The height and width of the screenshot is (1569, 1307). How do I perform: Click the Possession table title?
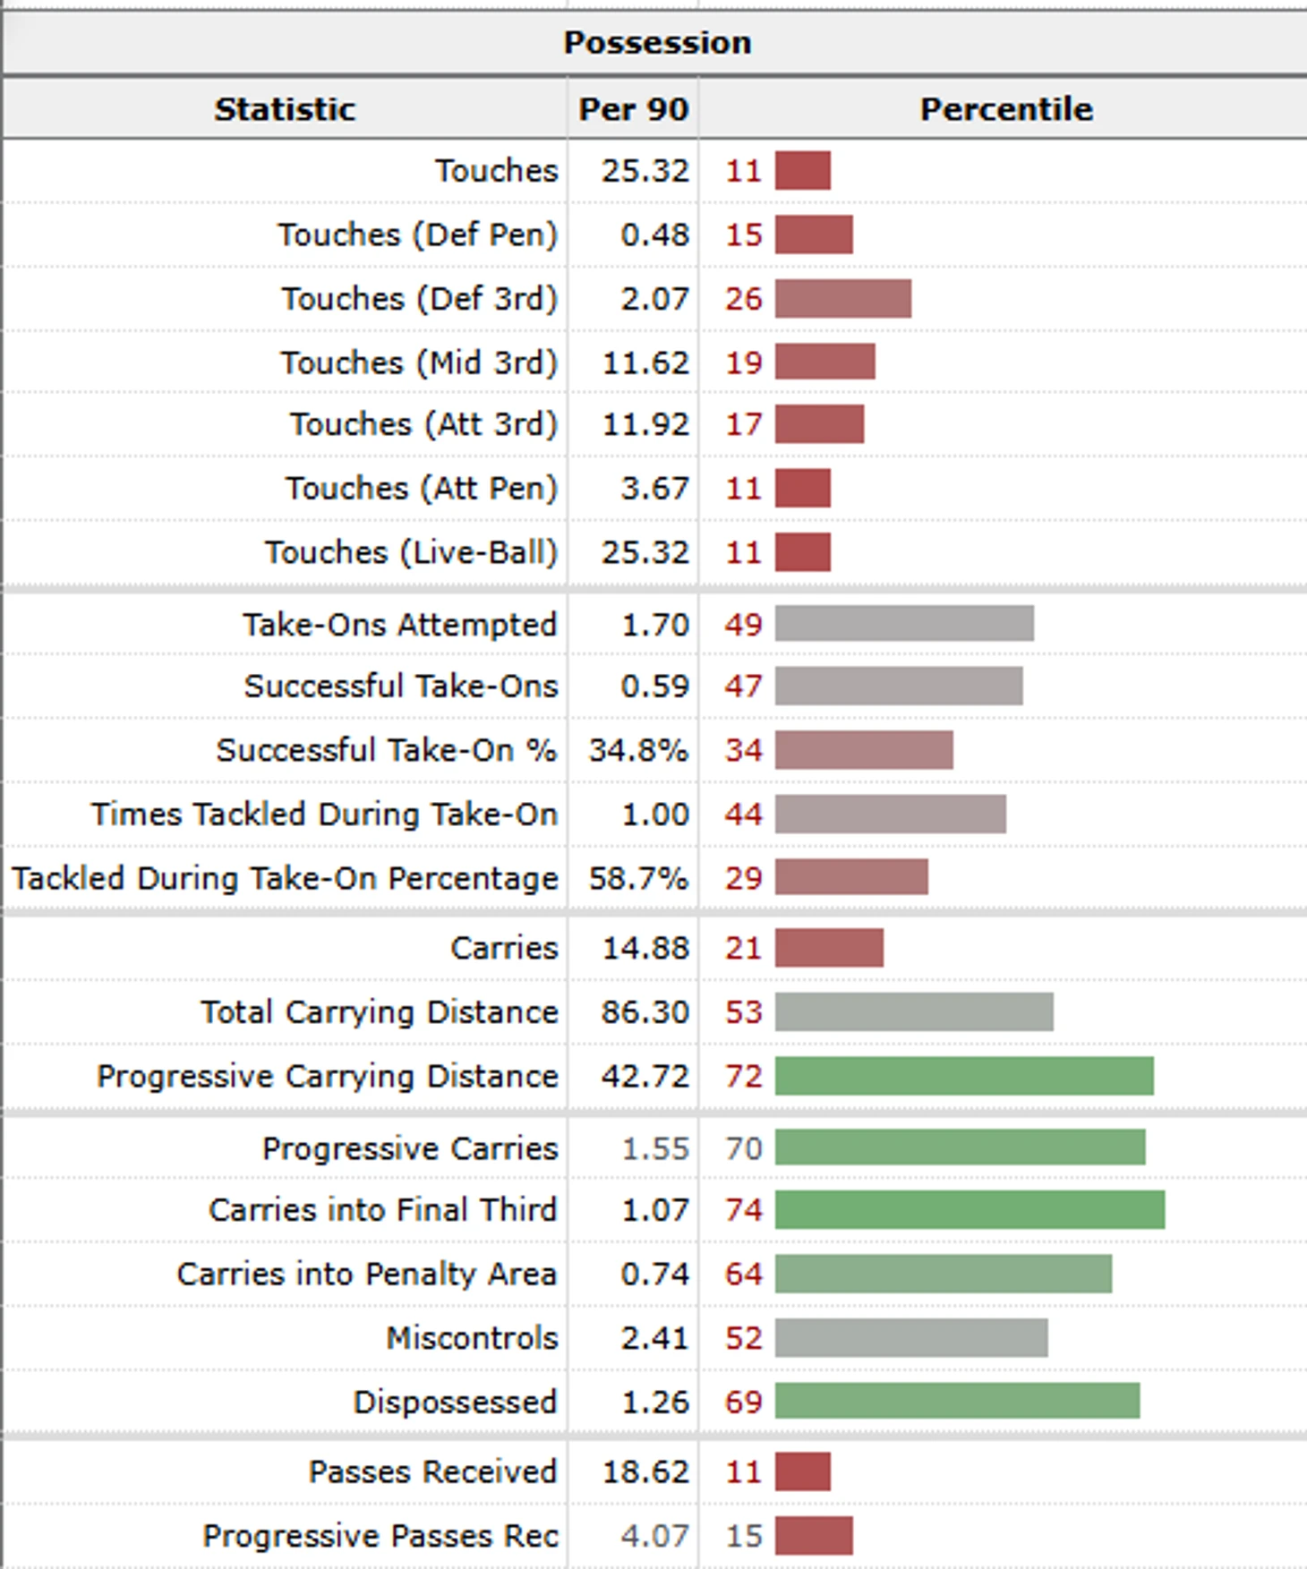pos(657,42)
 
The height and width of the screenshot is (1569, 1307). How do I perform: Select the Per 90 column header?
pos(633,109)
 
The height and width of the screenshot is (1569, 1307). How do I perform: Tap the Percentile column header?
pos(1006,109)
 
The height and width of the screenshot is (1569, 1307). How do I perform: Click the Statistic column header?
pos(285,109)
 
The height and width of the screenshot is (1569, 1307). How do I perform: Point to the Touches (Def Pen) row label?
pos(417,234)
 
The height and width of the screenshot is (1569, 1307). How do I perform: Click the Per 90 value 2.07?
pos(655,299)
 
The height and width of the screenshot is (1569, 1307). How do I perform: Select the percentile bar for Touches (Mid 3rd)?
pos(824,362)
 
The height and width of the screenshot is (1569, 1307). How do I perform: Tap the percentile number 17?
pos(743,424)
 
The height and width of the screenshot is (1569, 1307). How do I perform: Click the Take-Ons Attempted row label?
pos(399,625)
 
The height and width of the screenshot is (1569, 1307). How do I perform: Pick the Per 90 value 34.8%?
pos(638,750)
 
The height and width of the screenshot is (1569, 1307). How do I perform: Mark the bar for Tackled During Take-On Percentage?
pos(851,878)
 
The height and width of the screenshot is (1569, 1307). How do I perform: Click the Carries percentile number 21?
pos(743,948)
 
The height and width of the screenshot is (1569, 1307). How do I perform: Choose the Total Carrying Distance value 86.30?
pos(645,1012)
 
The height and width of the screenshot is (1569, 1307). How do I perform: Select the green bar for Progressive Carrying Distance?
pos(964,1076)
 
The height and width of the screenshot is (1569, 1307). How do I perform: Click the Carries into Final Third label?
pos(382,1210)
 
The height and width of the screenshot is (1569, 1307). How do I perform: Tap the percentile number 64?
pos(743,1274)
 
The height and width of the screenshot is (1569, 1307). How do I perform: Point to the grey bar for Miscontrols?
pos(911,1338)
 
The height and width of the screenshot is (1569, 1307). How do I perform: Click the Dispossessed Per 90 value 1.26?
pos(655,1402)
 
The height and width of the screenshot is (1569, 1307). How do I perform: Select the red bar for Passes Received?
pos(802,1471)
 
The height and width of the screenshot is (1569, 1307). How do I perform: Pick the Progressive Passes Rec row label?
pos(380,1536)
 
